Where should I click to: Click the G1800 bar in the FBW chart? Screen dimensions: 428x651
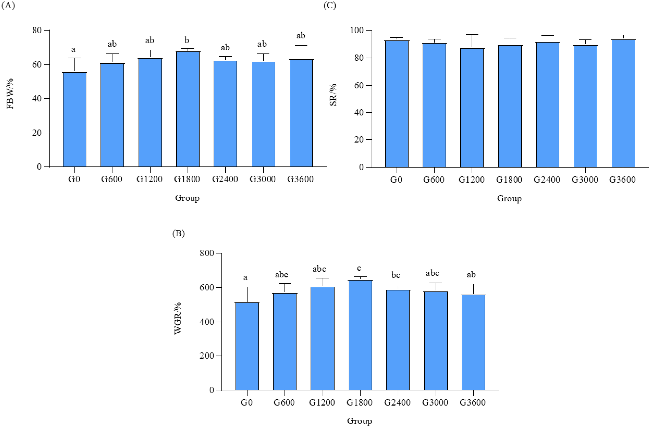[188, 109]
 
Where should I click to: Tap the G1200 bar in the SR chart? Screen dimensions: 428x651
[472, 108]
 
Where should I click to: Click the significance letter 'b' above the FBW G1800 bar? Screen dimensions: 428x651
[187, 40]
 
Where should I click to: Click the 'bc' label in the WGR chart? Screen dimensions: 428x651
[395, 275]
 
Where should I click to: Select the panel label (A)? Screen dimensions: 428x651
[8, 6]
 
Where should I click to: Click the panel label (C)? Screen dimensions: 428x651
[330, 6]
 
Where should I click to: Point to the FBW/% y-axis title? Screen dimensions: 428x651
[10, 94]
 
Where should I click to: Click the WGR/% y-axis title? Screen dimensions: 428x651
[178, 318]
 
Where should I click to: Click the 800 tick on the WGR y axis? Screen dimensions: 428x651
[207, 253]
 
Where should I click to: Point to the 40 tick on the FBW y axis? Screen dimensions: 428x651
[37, 98]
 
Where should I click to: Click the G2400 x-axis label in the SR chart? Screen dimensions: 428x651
[547, 180]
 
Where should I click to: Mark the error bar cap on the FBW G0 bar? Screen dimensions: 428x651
[74, 58]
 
